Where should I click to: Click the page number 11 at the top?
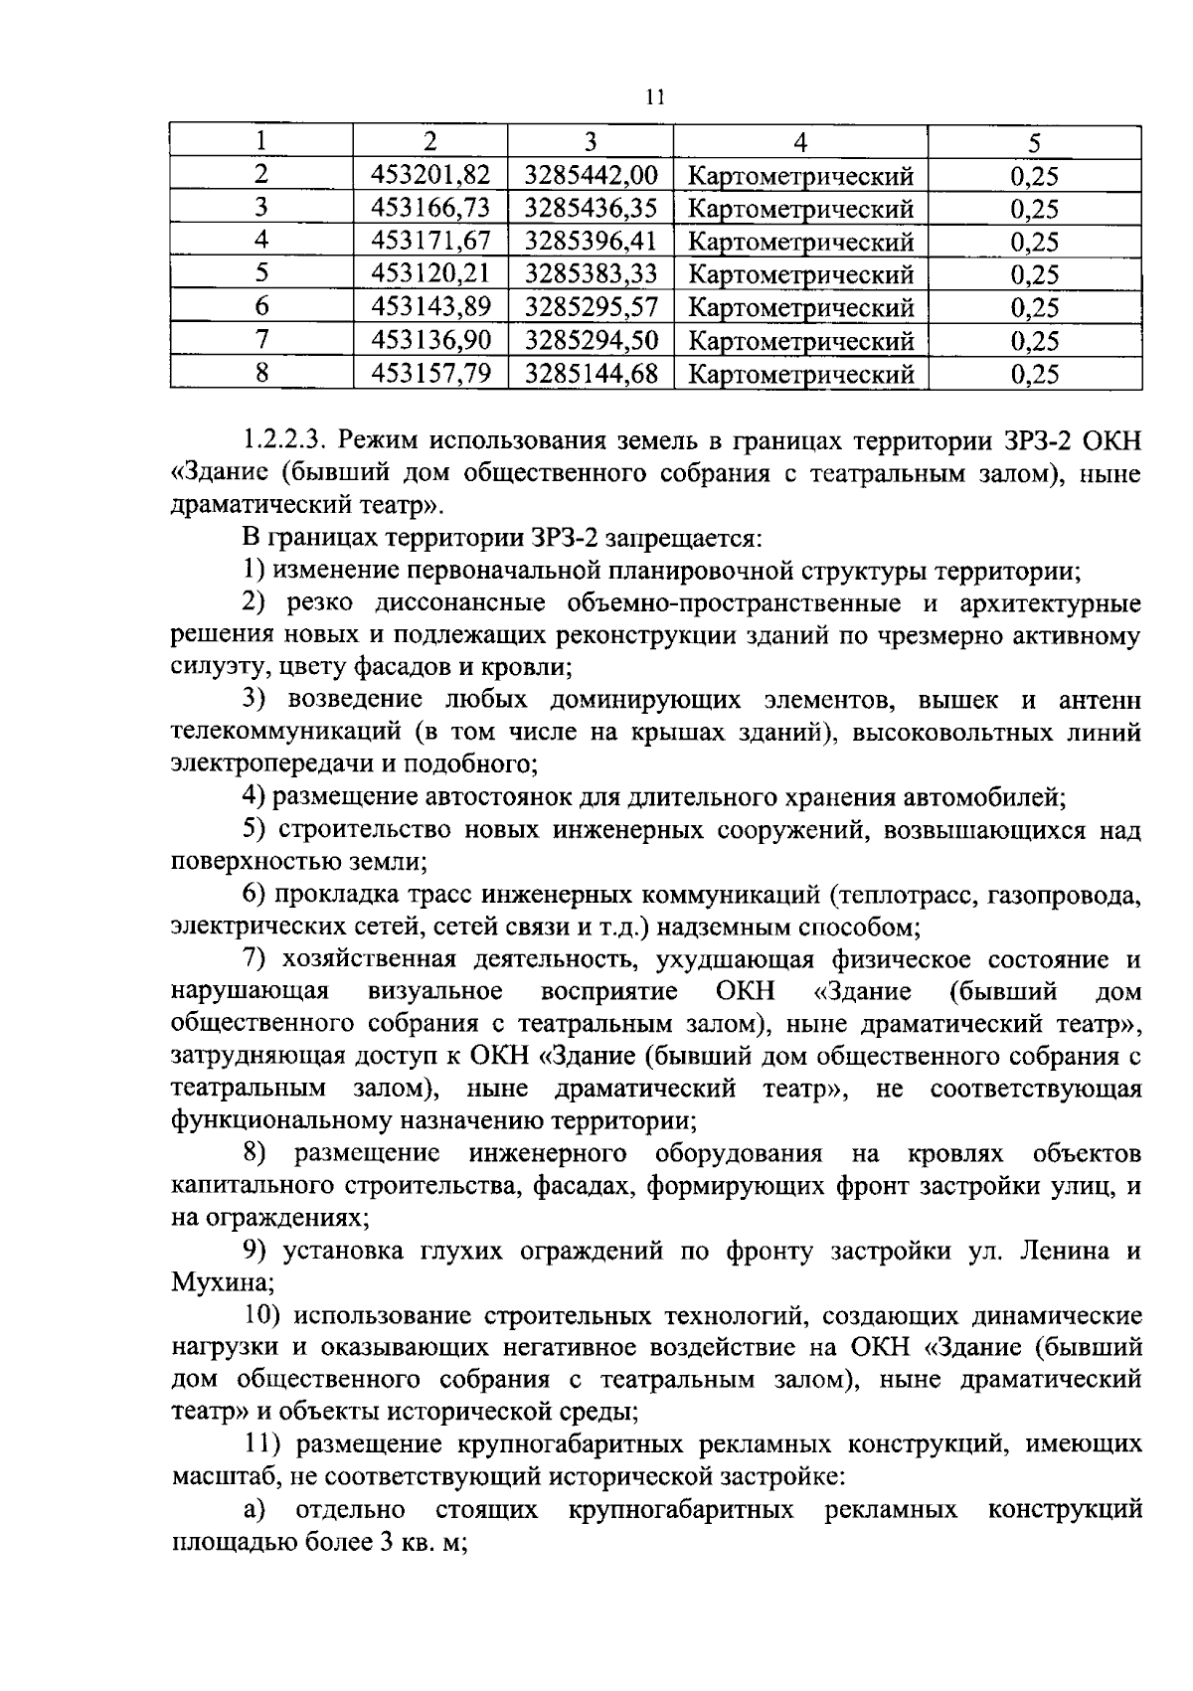[x=653, y=97]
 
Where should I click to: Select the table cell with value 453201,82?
[x=430, y=176]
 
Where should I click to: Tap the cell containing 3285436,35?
[x=591, y=209]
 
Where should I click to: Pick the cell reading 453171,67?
[x=430, y=242]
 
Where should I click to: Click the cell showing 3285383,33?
[x=591, y=274]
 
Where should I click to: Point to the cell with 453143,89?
[x=430, y=307]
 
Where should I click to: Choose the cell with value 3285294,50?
[x=591, y=341]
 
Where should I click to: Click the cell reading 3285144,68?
[x=591, y=374]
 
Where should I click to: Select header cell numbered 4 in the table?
[x=801, y=143]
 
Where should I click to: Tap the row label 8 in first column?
[x=261, y=374]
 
